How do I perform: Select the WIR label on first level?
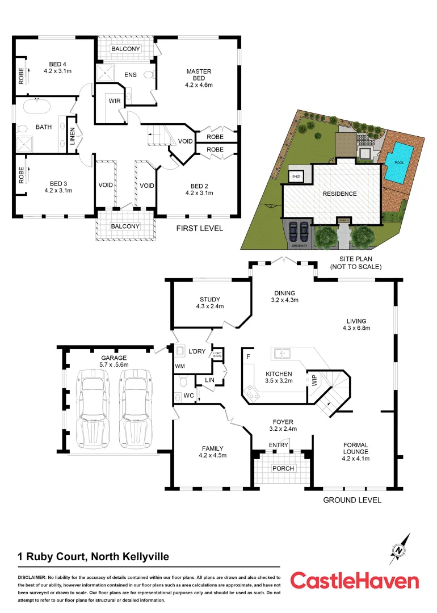tap(114, 101)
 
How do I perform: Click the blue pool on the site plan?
tap(401, 162)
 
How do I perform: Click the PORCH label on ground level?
tap(283, 468)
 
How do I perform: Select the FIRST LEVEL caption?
tap(199, 229)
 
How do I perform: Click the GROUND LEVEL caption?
tap(352, 500)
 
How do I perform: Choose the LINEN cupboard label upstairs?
tap(73, 135)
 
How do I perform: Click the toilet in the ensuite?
tap(148, 74)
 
